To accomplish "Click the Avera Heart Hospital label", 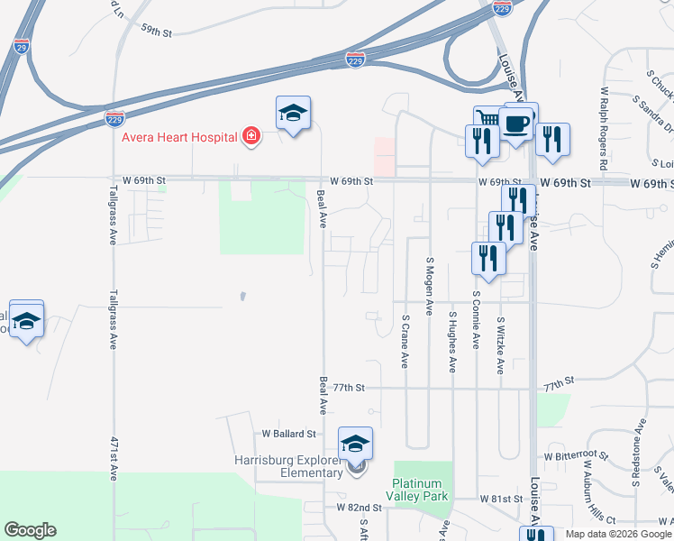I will coord(180,137).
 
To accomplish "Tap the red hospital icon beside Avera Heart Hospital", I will coord(251,137).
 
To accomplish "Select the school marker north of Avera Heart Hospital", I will coord(293,113).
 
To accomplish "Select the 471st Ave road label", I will coord(114,459).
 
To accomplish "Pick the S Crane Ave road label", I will coord(405,341).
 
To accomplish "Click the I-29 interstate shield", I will coord(22,44).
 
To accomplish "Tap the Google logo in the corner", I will coord(30,530).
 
